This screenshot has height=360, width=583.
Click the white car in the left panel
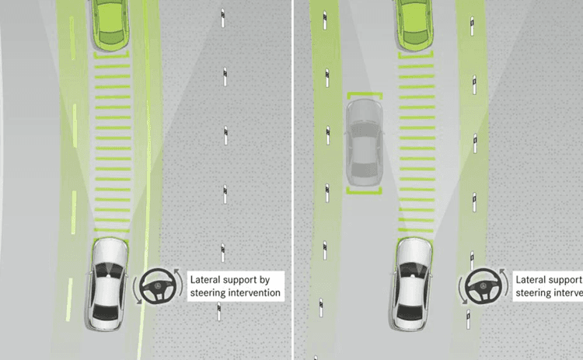point(109,283)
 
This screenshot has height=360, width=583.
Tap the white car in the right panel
point(414,283)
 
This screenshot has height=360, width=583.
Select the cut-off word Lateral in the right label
point(533,279)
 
